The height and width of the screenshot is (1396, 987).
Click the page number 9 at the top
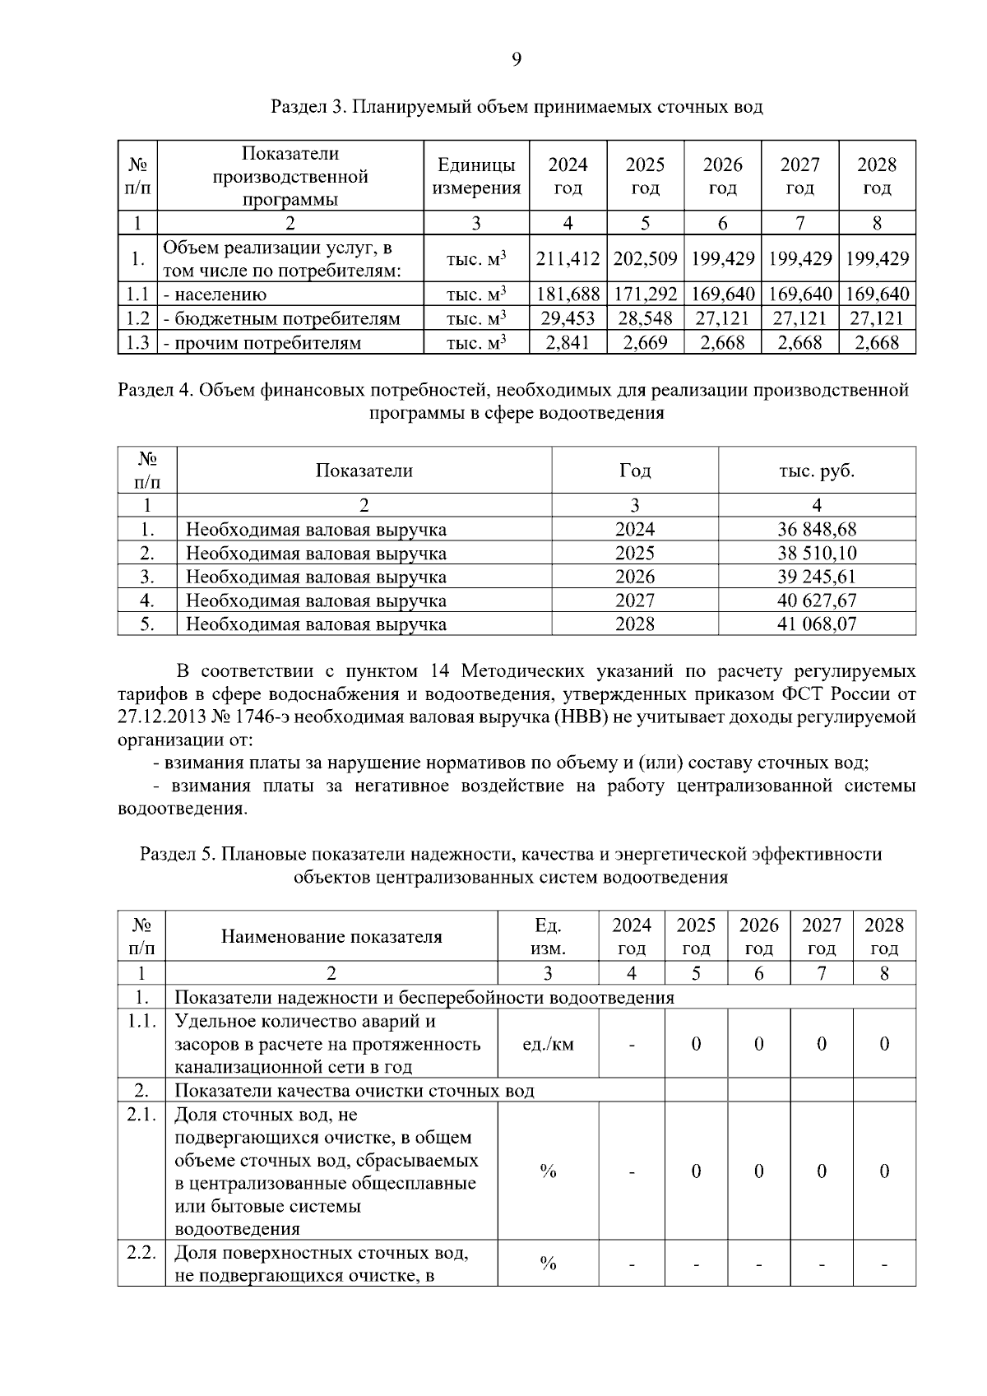(x=516, y=58)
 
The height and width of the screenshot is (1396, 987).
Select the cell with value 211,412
(x=568, y=259)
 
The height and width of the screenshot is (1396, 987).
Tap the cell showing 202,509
(x=645, y=259)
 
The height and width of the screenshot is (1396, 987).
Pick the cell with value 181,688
(x=568, y=295)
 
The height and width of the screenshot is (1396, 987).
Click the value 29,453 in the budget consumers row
(x=568, y=318)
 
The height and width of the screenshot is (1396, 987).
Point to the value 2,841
(x=568, y=342)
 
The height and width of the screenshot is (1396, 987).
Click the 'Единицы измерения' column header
(x=476, y=176)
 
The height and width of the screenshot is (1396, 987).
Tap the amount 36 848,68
(x=816, y=529)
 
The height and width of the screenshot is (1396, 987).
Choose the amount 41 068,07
(x=816, y=624)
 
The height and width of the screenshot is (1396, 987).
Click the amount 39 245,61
(x=816, y=577)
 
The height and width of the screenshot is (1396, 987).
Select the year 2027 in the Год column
(x=634, y=601)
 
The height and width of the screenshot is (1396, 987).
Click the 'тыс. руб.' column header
(x=816, y=471)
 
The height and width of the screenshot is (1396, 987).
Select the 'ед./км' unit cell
(x=548, y=1044)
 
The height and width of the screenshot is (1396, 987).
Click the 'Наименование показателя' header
(x=331, y=936)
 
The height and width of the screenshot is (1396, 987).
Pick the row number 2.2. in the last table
(x=141, y=1253)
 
